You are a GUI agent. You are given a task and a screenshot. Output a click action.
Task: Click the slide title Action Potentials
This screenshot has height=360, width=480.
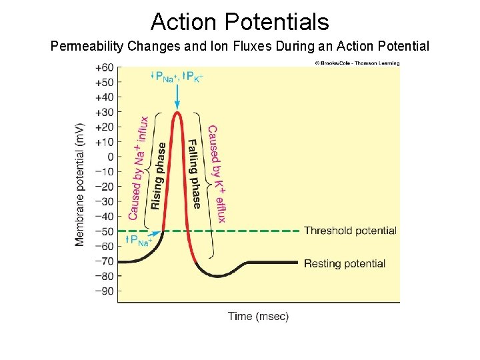239,22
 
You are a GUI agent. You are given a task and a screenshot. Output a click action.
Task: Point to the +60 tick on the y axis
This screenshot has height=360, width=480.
104,68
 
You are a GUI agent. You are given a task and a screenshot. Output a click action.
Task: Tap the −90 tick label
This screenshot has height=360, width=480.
104,291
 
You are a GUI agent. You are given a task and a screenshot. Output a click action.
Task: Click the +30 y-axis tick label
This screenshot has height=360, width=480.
104,112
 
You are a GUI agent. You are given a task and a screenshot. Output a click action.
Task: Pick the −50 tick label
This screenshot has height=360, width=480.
104,231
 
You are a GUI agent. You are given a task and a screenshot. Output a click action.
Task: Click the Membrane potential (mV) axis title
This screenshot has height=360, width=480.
80,184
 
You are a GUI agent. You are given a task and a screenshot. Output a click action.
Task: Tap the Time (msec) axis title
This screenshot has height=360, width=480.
259,316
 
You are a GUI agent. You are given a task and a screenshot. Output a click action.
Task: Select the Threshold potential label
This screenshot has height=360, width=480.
350,231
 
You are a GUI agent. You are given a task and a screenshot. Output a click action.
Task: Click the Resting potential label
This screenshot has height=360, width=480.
344,263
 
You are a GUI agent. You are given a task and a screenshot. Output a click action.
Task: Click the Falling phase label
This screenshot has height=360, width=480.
194,173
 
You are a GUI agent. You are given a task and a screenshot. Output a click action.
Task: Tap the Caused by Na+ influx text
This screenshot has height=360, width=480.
138,168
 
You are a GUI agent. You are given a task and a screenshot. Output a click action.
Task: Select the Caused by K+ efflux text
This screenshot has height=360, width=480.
217,173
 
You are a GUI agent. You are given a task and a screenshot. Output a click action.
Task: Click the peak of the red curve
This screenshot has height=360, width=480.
177,113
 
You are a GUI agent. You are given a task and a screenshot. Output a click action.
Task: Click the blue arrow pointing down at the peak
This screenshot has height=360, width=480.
177,97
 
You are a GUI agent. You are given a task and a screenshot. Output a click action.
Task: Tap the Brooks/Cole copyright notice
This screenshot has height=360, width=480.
357,63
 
